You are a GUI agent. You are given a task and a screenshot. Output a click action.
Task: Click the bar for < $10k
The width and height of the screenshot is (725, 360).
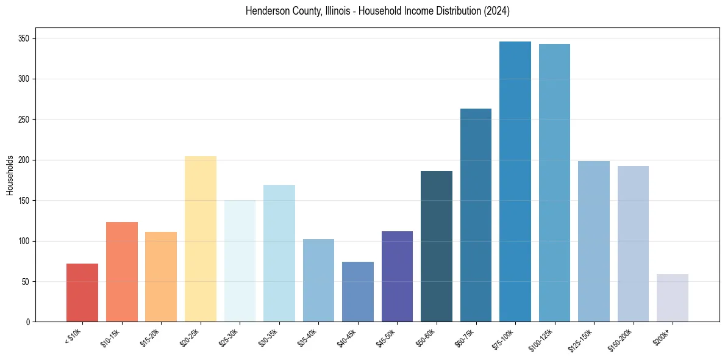click(x=82, y=293)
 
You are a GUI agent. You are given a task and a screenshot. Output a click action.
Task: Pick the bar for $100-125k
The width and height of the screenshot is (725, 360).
click(x=554, y=183)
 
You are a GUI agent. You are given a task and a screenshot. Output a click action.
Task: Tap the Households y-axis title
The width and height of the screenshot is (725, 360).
click(x=10, y=175)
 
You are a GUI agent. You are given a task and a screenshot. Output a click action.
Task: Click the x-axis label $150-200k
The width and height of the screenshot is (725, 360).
click(x=629, y=338)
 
